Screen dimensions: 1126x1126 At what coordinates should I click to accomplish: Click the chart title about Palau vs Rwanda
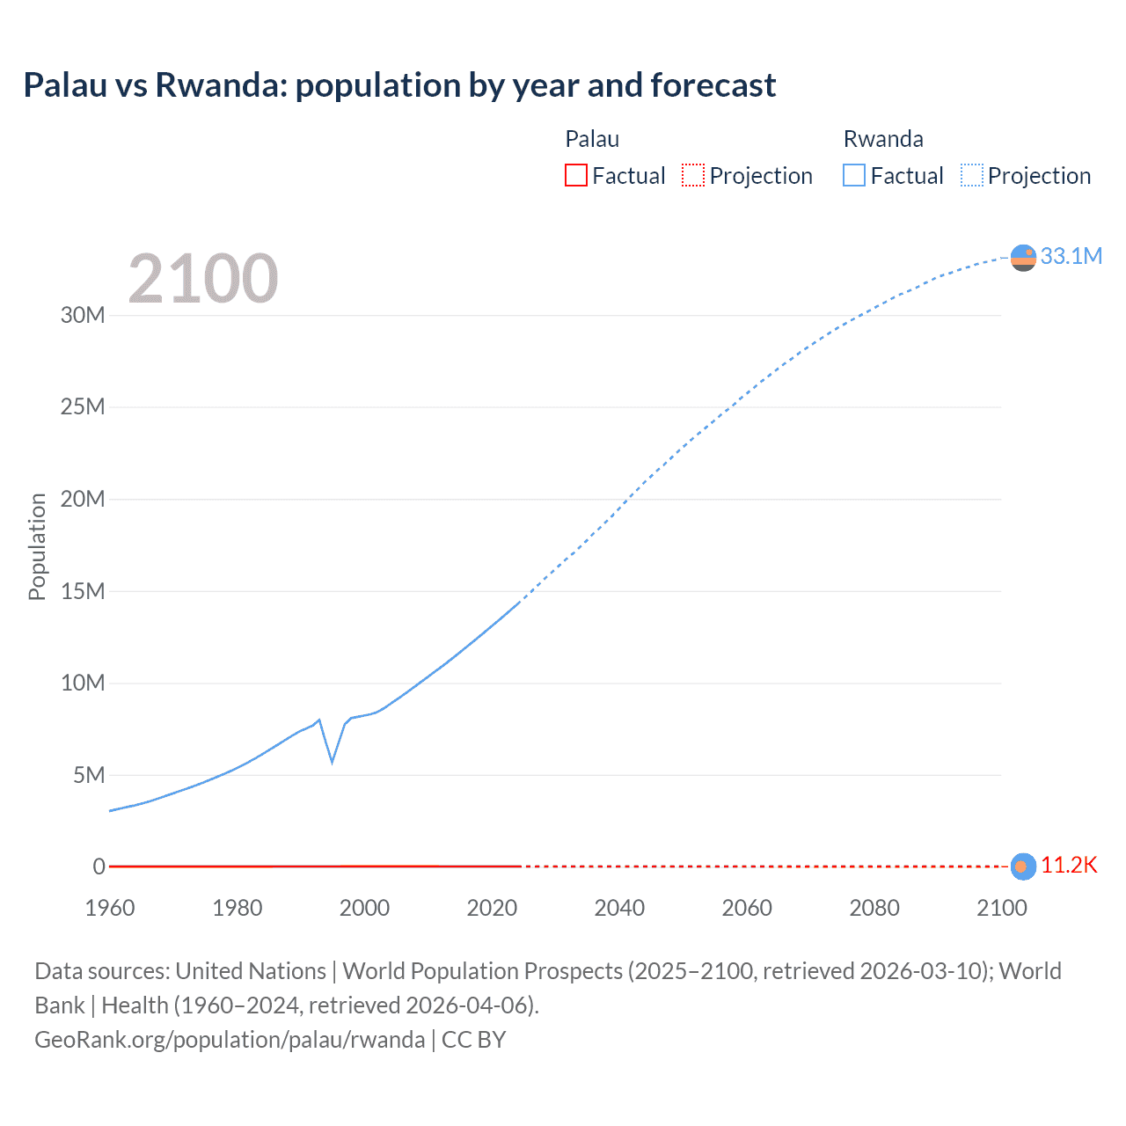[399, 85]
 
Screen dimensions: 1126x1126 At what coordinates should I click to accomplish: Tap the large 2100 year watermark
[203, 279]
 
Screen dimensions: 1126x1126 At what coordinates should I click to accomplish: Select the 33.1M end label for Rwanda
[1071, 256]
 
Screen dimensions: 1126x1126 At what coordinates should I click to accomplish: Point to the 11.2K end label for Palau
[1069, 866]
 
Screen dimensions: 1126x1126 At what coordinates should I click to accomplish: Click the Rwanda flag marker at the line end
[1023, 258]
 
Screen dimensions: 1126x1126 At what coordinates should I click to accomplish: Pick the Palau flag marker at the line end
[1022, 866]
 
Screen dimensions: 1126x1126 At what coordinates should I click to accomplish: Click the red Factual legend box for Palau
[576, 175]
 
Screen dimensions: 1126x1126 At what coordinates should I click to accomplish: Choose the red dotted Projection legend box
[693, 175]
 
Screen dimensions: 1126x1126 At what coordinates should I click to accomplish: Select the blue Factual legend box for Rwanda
[854, 175]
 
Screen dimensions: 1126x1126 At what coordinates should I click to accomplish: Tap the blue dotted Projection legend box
[972, 175]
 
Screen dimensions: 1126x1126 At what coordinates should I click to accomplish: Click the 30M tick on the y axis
[83, 315]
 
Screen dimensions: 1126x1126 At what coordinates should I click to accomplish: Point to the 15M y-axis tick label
[83, 591]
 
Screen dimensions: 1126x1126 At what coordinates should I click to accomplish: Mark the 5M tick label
[89, 775]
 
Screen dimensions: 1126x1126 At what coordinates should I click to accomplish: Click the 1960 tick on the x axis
[110, 908]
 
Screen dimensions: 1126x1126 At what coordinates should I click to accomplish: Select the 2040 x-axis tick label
[619, 908]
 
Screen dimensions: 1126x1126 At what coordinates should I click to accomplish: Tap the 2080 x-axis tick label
[874, 908]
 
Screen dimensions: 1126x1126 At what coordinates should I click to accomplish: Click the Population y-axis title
[37, 546]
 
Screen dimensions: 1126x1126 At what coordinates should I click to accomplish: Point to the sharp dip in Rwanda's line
[332, 761]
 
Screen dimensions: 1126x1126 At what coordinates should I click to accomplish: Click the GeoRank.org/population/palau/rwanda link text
[230, 1040]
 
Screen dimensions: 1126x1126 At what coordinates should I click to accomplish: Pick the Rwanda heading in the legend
[883, 139]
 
